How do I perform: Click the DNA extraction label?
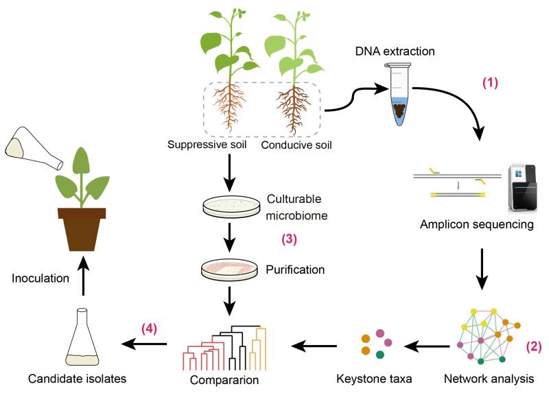coord(395,51)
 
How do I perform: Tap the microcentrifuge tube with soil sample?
coord(399,95)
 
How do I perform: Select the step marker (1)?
coord(490,82)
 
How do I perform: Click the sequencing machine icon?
coord(522,187)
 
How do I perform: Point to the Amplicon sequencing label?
coord(476,224)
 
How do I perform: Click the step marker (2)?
coord(534,346)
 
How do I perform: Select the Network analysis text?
coord(489,379)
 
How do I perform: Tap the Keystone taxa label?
coord(374,379)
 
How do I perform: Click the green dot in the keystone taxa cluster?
coord(380,355)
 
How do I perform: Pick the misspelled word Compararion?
coord(224,380)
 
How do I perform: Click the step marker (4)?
coord(149,329)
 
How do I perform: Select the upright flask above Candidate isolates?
coord(82,337)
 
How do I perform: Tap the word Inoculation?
coord(40,278)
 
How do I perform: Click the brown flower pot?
coord(82,229)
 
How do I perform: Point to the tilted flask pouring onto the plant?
coord(33,148)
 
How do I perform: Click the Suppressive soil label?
coord(207,145)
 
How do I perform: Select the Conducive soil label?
coord(296,145)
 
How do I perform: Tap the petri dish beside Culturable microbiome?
coord(231,206)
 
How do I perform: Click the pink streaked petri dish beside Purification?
coord(229,270)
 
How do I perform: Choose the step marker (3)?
coord(289,239)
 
